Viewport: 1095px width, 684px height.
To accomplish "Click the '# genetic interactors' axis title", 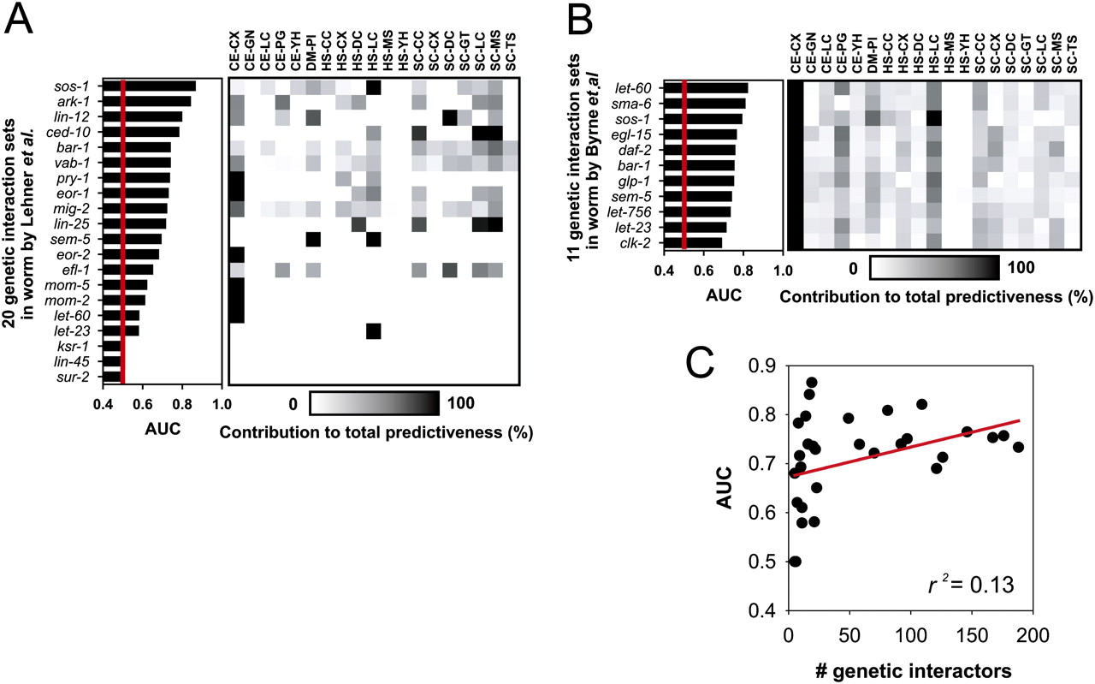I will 910,669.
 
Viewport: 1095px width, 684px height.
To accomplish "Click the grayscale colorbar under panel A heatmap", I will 375,403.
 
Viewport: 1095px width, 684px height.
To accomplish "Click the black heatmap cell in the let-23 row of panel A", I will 373,330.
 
